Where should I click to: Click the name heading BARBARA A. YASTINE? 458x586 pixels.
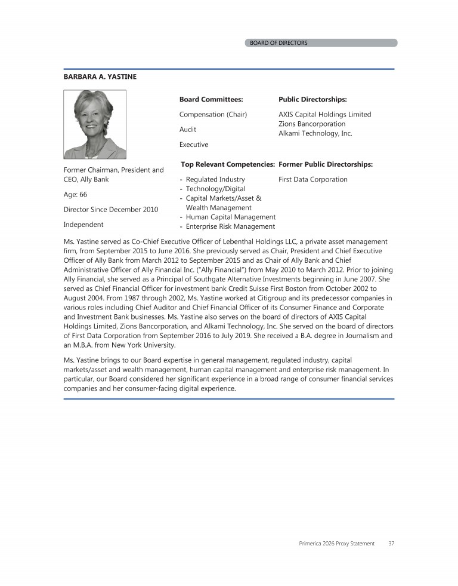click(100, 77)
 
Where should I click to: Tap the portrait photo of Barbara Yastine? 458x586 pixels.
click(95, 124)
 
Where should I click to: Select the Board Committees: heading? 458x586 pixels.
click(211, 100)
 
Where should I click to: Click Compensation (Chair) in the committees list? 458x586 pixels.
click(213, 114)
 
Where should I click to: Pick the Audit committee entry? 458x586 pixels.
click(188, 129)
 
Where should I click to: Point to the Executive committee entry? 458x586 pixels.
click(194, 145)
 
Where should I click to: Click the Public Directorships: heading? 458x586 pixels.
click(312, 100)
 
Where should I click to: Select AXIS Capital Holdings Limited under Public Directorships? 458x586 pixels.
click(324, 114)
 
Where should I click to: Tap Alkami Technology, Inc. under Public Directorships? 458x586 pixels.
click(315, 133)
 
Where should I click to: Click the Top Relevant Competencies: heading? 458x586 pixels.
click(227, 164)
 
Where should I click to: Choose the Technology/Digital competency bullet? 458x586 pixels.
click(215, 189)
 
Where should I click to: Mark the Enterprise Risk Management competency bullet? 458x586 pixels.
click(230, 226)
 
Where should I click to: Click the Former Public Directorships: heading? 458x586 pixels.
click(326, 164)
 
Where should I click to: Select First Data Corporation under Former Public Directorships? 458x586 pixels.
click(312, 179)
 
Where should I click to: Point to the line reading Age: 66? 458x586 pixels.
click(75, 194)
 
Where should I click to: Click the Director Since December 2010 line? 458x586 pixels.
click(110, 210)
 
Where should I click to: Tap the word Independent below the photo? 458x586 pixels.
click(83, 225)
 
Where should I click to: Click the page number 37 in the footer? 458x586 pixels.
click(391, 544)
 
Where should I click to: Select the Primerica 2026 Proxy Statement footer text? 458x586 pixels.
click(336, 544)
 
